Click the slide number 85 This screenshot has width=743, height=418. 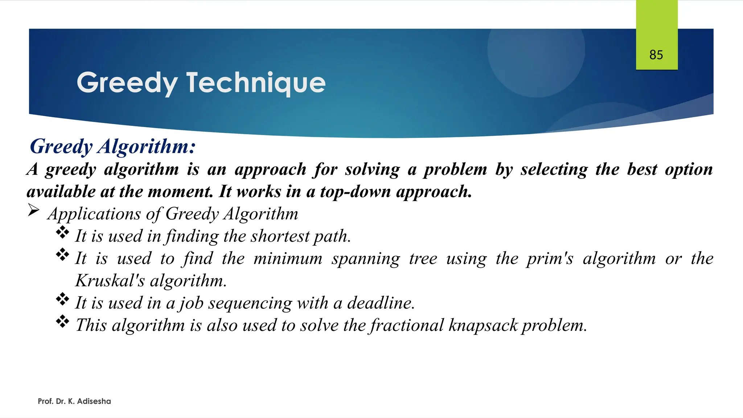coord(656,55)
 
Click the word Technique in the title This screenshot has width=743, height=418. coord(256,83)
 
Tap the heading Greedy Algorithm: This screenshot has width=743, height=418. coord(113,147)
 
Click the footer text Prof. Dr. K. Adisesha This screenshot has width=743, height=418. coord(74,401)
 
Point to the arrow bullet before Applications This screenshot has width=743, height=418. coord(33,210)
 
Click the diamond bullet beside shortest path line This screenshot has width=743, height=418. coord(62,232)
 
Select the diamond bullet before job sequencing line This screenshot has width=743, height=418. coord(62,299)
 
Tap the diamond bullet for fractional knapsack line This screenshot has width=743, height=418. coord(62,321)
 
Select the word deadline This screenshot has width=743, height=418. coord(381,303)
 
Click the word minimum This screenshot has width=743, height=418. coord(288,258)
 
